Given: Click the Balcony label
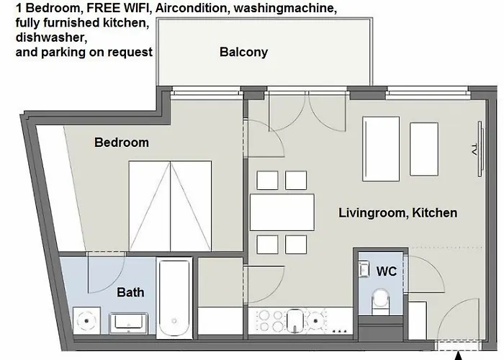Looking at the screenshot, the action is pyautogui.click(x=243, y=52).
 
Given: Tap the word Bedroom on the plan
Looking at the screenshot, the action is pyautogui.click(x=122, y=143).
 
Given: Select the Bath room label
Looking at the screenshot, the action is pyautogui.click(x=130, y=292).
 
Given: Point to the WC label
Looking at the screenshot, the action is pyautogui.click(x=387, y=271).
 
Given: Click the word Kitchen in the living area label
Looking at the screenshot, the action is pyautogui.click(x=435, y=213).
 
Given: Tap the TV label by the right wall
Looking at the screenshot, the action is pyautogui.click(x=474, y=150).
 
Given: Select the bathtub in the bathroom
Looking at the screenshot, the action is pyautogui.click(x=174, y=299).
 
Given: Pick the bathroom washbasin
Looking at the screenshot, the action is pyautogui.click(x=129, y=323).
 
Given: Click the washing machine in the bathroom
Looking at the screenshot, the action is pyautogui.click(x=87, y=321).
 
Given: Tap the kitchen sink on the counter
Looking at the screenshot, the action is pyautogui.click(x=295, y=320).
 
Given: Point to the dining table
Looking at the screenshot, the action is pyautogui.click(x=282, y=212).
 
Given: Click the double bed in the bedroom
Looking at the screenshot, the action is pyautogui.click(x=170, y=206).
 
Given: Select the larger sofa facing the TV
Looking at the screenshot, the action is pyautogui.click(x=381, y=149).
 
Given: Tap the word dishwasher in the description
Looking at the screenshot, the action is pyautogui.click(x=51, y=37).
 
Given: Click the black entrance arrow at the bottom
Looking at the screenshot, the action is pyautogui.click(x=459, y=356).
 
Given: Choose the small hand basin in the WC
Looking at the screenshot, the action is pyautogui.click(x=364, y=269).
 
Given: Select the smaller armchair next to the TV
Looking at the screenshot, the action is pyautogui.click(x=424, y=149).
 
